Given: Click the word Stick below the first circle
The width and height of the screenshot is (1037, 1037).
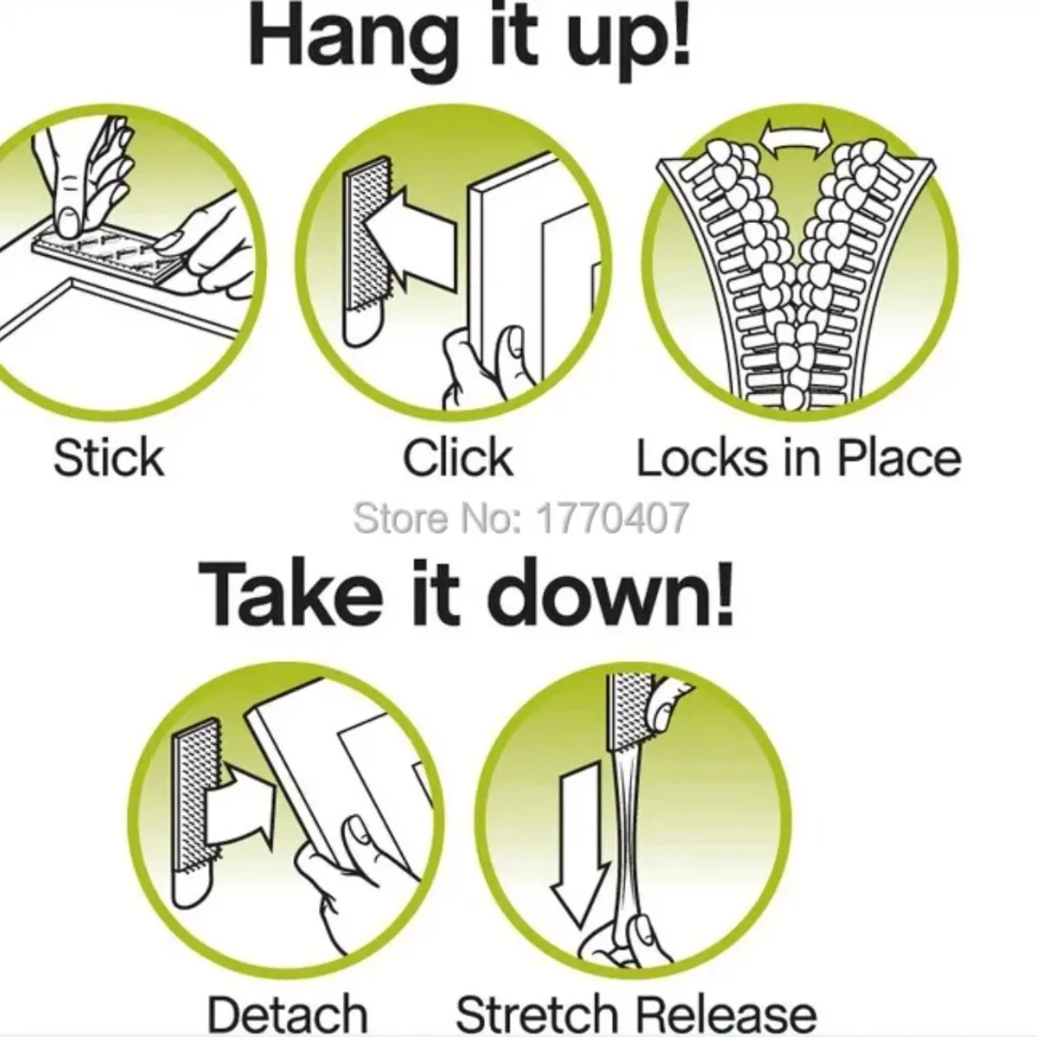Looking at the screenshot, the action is [x=109, y=458].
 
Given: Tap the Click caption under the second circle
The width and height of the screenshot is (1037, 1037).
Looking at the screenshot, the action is [x=458, y=458].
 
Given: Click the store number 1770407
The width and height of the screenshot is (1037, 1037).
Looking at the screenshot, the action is [x=612, y=518].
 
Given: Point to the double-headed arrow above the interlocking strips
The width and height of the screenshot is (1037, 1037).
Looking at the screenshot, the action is [x=795, y=140].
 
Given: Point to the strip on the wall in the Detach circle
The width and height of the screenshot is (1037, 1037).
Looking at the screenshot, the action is [x=197, y=807].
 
